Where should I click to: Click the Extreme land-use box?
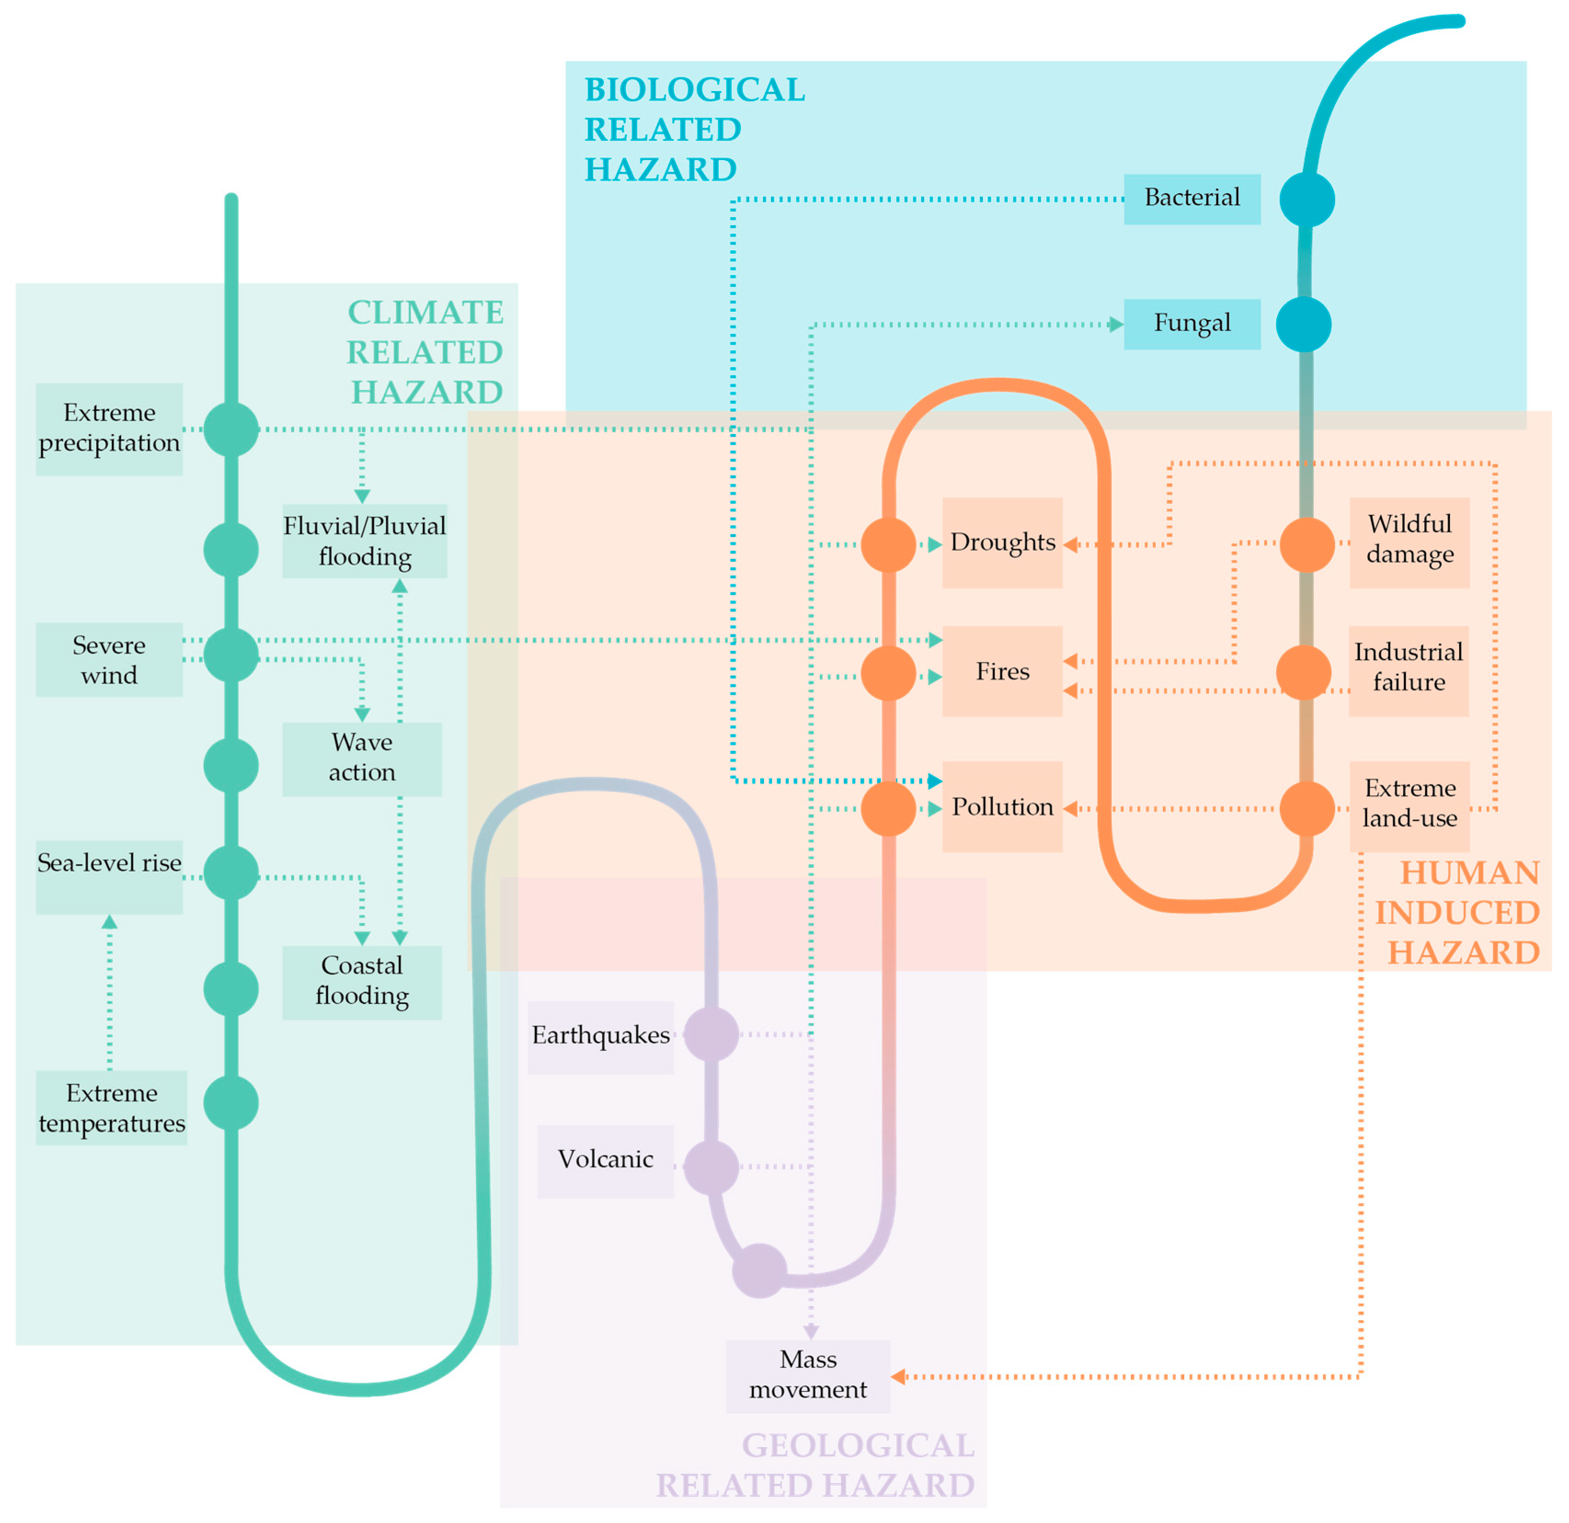[x=1409, y=804]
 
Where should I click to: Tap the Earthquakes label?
[x=600, y=1036]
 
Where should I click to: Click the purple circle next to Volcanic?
[x=710, y=1168]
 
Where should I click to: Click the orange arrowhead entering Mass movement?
[x=898, y=1376]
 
